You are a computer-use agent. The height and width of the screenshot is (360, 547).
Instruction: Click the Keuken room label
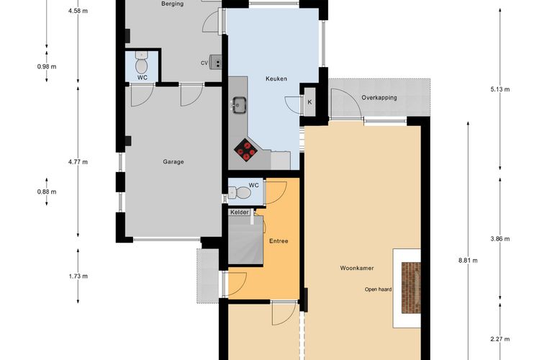pyautogui.click(x=276, y=78)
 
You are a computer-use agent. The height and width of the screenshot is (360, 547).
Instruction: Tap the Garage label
pyautogui.click(x=173, y=162)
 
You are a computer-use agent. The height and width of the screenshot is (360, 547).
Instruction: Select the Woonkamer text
pyautogui.click(x=357, y=269)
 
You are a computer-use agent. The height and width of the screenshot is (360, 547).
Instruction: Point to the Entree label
pyautogui.click(x=279, y=241)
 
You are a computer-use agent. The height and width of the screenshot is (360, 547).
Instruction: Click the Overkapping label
pyautogui.click(x=379, y=98)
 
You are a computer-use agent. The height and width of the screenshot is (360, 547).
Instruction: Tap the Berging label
pyautogui.click(x=173, y=4)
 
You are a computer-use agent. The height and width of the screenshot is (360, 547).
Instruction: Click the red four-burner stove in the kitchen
pyautogui.click(x=246, y=150)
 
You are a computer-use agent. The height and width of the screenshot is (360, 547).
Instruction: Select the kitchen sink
pyautogui.click(x=239, y=105)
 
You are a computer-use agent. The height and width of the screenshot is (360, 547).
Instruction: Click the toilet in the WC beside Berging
pyautogui.click(x=142, y=63)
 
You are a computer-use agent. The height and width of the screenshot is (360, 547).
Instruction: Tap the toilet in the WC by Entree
pyautogui.click(x=240, y=192)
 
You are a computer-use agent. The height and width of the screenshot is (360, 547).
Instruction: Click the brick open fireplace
pyautogui.click(x=411, y=288)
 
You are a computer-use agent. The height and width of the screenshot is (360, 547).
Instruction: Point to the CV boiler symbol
pyautogui.click(x=216, y=63)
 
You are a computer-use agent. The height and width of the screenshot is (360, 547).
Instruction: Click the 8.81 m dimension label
pyautogui.click(x=468, y=260)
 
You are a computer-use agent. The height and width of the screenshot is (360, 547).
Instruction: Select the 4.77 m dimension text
pyautogui.click(x=78, y=162)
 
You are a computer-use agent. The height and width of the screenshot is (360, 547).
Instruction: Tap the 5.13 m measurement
pyautogui.click(x=500, y=89)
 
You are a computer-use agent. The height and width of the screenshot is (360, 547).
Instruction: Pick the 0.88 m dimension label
pyautogui.click(x=47, y=192)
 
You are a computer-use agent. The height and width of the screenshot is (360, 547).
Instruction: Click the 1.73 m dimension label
pyautogui.click(x=78, y=276)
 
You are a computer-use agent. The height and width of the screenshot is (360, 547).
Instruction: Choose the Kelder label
pyautogui.click(x=240, y=212)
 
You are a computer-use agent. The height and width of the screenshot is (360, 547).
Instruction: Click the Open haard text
pyautogui.click(x=378, y=289)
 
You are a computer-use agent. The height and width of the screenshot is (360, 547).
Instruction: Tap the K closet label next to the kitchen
pyautogui.click(x=309, y=102)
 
